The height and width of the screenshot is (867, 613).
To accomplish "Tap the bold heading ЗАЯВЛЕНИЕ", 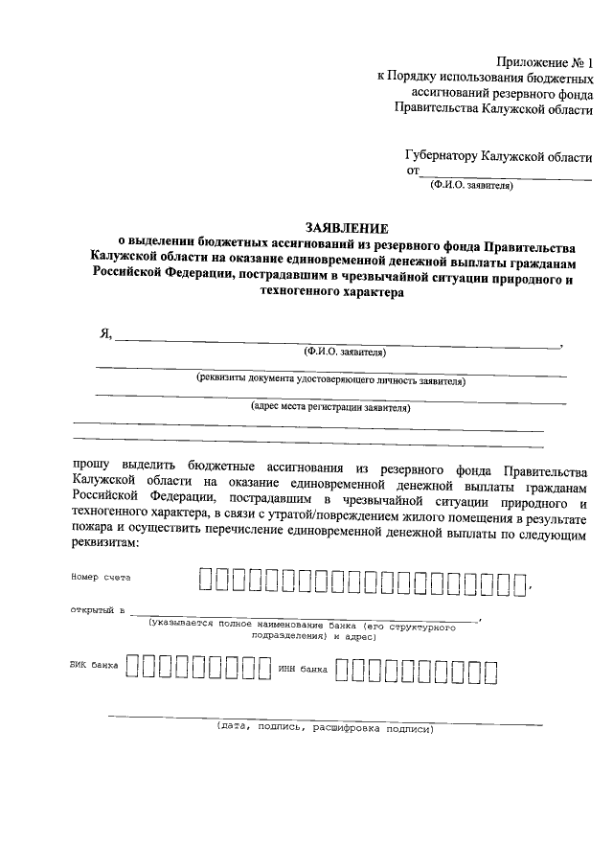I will (347, 228).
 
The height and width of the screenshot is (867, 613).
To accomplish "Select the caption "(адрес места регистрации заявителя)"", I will (330, 406).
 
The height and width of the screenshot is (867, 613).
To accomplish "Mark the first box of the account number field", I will (206, 580).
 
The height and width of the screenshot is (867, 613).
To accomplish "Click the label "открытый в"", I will (98, 609).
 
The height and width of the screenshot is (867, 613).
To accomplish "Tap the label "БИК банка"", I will (94, 667).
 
